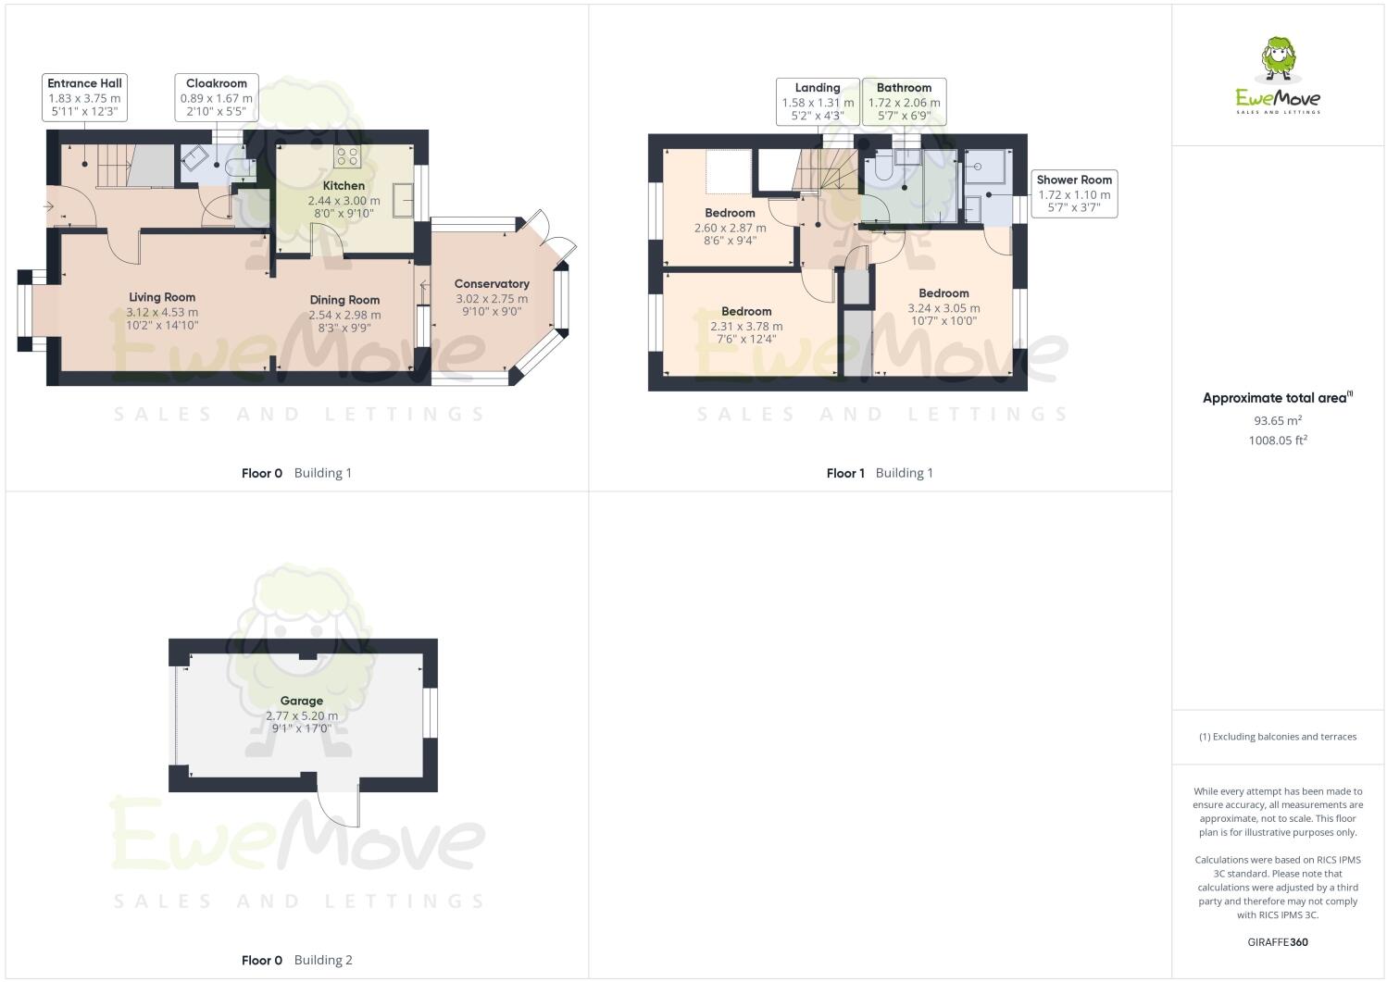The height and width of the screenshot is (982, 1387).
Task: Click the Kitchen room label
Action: point(344,186)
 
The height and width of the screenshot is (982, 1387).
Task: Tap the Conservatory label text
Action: point(492,284)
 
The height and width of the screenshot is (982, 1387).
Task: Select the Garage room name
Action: point(302,702)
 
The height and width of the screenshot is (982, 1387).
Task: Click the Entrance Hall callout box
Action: point(85,97)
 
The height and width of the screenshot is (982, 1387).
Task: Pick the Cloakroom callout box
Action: point(217,97)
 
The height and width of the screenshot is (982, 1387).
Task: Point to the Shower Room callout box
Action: point(1074,194)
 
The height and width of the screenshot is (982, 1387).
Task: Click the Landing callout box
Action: point(818,102)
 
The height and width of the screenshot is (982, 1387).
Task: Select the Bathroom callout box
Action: point(904,102)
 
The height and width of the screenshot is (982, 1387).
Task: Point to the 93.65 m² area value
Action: point(1277,420)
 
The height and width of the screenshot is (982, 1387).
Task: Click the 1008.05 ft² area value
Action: point(1277,441)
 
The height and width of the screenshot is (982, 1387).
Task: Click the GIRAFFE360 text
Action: point(1277,942)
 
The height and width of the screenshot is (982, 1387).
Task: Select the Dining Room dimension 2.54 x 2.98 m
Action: point(344,315)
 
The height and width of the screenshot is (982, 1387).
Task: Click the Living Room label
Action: point(162,297)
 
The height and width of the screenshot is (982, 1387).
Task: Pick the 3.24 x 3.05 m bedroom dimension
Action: point(943,308)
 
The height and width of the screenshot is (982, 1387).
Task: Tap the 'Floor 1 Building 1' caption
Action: point(880,473)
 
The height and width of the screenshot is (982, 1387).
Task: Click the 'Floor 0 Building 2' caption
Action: point(296,960)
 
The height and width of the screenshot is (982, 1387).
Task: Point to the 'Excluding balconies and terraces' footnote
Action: point(1277,737)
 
